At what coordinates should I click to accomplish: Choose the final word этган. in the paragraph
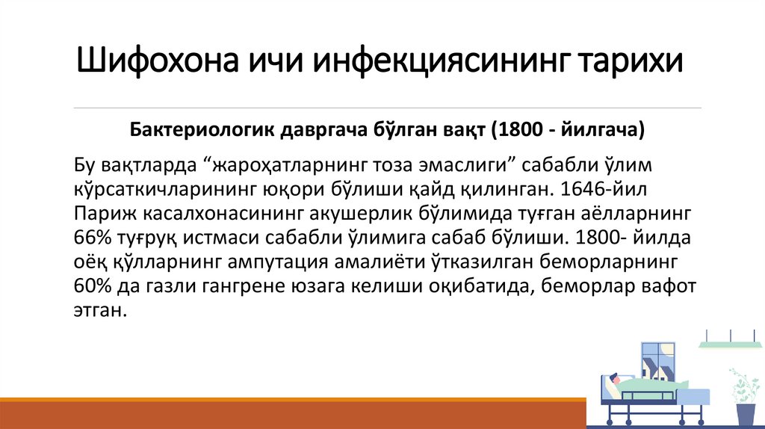[98, 310]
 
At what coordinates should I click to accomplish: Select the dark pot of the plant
[745, 413]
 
